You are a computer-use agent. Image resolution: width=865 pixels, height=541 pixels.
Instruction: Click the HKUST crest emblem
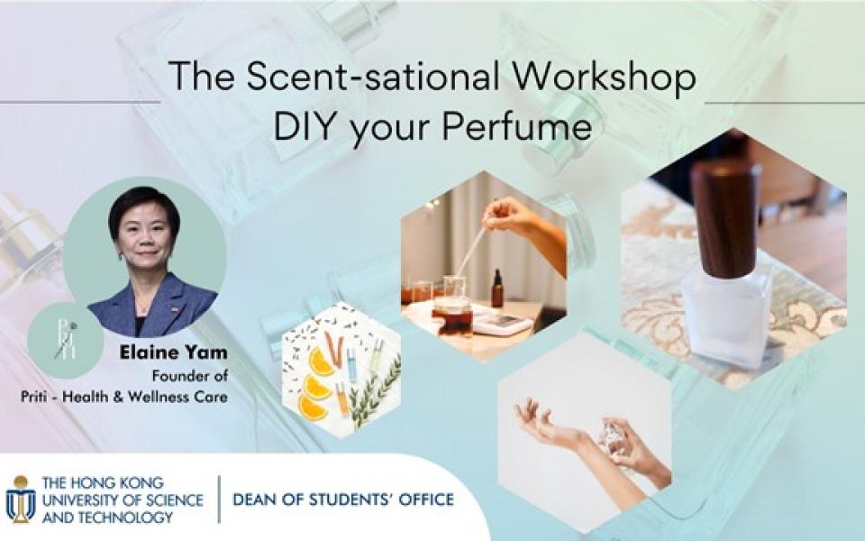point(20,499)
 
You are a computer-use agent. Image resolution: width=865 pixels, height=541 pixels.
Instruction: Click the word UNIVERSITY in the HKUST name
point(82,499)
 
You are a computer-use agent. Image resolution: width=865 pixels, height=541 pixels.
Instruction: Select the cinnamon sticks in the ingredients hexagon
point(334,347)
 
